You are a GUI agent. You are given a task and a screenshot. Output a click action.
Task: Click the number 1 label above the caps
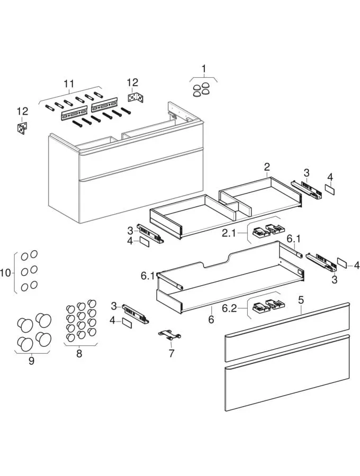point(203,68)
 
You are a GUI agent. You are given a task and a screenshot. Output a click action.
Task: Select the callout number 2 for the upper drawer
point(267,168)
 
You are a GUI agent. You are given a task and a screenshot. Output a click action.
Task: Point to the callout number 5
point(301,300)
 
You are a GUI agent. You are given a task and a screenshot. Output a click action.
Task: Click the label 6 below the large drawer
point(211,319)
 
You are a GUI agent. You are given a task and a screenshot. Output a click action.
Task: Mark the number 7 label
point(171,353)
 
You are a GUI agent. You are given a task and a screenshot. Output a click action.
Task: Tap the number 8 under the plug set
point(79,353)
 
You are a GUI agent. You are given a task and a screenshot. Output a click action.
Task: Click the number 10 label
point(6,272)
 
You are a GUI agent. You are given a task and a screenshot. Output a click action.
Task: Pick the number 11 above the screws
point(69,84)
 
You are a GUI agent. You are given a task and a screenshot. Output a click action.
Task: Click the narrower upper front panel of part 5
point(287,332)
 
